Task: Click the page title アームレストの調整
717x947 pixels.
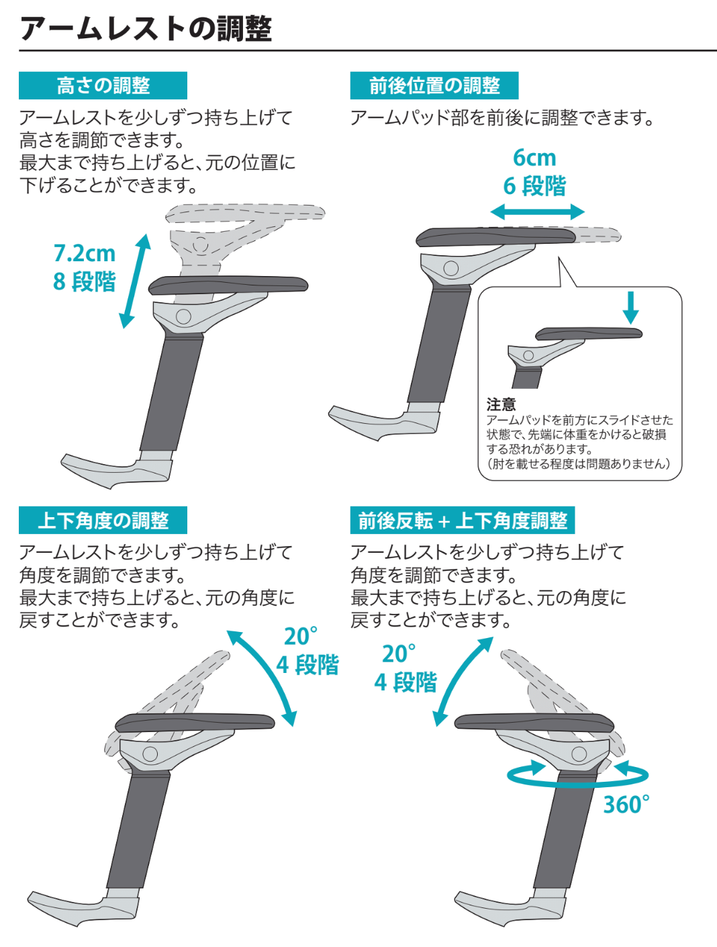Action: pos(146,30)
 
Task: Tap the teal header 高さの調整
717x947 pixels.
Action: pos(103,85)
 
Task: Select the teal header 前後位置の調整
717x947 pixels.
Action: pos(434,85)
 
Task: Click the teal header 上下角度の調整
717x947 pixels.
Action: pos(103,521)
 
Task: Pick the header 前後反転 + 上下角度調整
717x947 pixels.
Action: pos(462,521)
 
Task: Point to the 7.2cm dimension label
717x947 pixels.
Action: pos(85,253)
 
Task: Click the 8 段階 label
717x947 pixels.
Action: pos(85,281)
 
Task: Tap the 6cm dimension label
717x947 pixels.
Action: pos(534,158)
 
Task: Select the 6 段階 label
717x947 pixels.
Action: pos(534,187)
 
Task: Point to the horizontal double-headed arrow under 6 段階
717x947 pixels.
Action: pos(537,212)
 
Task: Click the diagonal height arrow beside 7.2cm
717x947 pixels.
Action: pos(135,281)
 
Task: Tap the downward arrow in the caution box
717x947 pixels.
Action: pos(631,307)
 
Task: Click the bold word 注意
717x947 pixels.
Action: pos(501,404)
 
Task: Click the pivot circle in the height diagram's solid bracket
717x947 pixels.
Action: pos(183,316)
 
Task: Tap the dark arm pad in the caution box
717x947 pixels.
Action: pos(589,334)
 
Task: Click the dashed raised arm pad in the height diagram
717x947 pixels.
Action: pos(245,213)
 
